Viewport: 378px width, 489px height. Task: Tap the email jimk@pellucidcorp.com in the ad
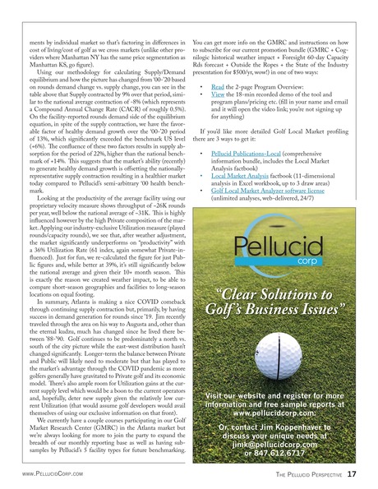(282, 440)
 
